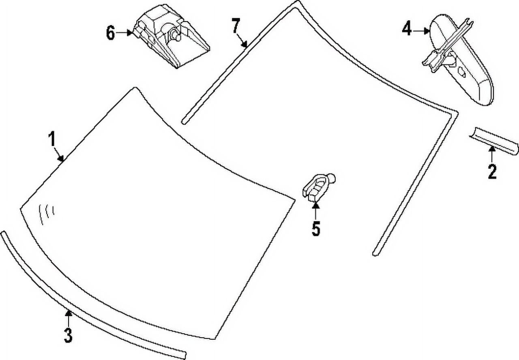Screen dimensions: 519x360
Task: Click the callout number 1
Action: pos(52,139)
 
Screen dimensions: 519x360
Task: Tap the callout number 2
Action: pos(492,171)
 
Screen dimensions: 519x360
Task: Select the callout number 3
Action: pos(68,335)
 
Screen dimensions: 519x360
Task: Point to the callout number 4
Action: pos(407,28)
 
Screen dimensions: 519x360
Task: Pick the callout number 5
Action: pos(316,228)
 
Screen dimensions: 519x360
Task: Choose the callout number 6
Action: pos(110,33)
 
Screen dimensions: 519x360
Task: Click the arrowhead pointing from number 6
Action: pos(130,33)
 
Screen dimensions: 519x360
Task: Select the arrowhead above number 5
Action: pos(315,205)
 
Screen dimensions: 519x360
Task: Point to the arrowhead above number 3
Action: pos(68,313)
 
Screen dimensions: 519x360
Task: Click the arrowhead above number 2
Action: pos(492,149)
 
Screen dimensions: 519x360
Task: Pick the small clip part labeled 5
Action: pos(318,187)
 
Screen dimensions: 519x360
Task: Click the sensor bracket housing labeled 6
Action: pos(172,36)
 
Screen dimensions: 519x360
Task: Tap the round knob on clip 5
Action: pos(332,178)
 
